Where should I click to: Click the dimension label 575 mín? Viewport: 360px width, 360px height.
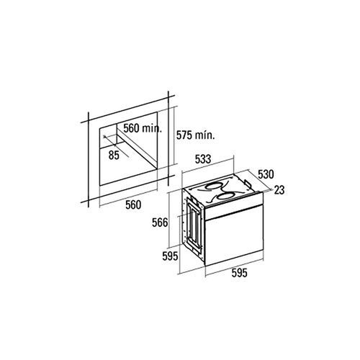point(196,134)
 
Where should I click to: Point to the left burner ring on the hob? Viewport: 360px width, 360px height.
point(212,191)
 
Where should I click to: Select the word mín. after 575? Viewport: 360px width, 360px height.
point(207,134)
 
